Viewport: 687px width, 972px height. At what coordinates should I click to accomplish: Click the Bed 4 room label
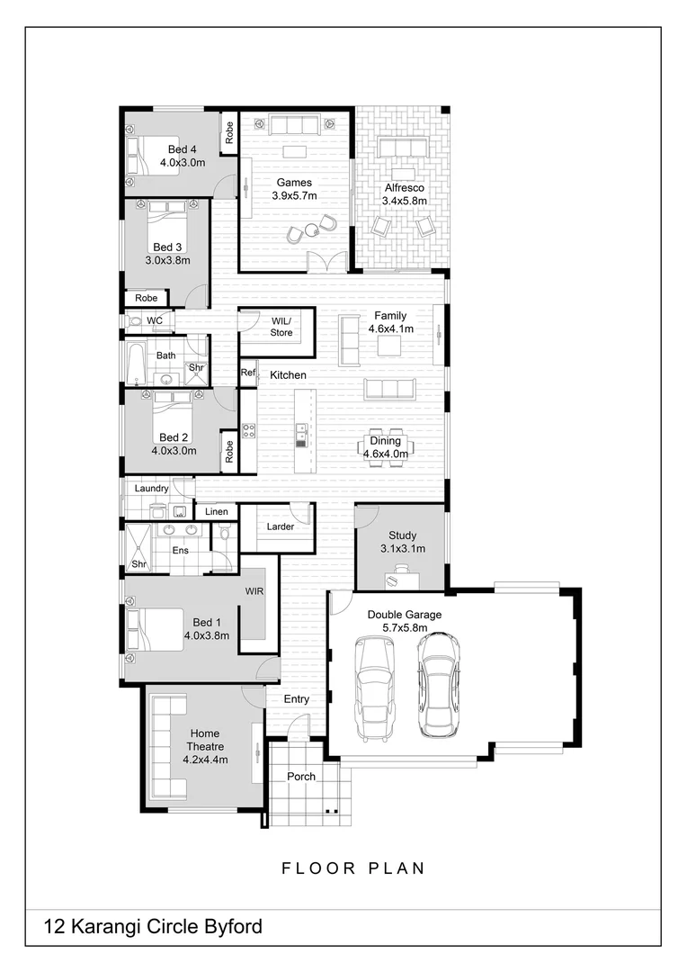182,149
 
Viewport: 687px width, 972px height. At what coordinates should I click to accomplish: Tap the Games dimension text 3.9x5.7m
294,195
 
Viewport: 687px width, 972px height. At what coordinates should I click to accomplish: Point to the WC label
155,320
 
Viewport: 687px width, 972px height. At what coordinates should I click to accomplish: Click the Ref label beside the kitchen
248,373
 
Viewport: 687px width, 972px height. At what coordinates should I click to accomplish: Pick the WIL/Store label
281,327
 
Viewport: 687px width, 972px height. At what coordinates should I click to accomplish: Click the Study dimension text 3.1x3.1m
402,549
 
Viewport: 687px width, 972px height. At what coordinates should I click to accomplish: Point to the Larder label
281,526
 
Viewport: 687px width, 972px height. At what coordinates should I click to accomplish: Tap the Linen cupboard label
217,512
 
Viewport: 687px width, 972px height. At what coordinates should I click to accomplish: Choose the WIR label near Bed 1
254,592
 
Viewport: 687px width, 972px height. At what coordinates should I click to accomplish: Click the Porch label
301,776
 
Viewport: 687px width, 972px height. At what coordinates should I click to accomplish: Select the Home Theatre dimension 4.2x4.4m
205,760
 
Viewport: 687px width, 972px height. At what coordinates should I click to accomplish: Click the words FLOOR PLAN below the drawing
353,868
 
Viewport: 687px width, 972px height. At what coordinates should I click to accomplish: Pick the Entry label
297,699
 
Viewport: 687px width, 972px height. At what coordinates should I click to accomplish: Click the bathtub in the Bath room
135,361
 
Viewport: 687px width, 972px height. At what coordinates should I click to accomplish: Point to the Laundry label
152,489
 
